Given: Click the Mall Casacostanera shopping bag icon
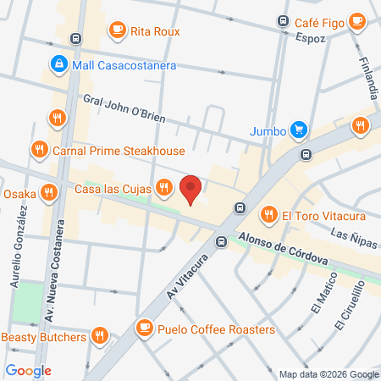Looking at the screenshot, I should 58,63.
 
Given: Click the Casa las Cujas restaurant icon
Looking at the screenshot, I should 165,187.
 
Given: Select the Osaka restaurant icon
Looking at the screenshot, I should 50,193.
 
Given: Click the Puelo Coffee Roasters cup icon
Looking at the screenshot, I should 144,328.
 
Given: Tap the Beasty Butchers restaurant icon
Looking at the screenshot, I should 101,336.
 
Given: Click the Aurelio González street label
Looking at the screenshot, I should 19,248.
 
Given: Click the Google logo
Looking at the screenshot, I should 28,370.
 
